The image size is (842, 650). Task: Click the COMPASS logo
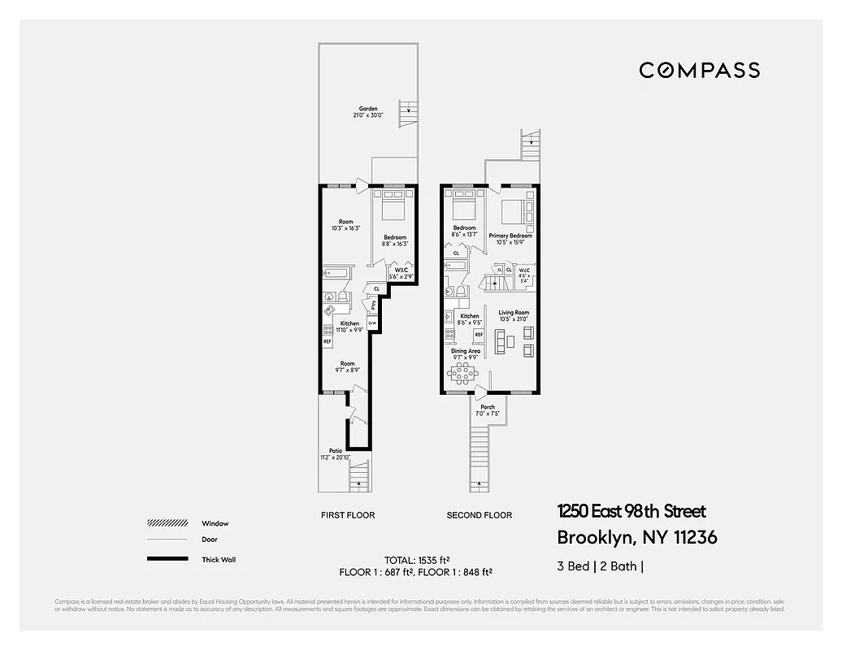pyautogui.click(x=699, y=70)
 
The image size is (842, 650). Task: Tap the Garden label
pyautogui.click(x=368, y=112)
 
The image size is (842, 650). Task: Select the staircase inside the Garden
pyautogui.click(x=407, y=115)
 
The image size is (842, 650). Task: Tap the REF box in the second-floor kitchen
pyautogui.click(x=479, y=334)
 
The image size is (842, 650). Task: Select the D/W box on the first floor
pyautogui.click(x=373, y=323)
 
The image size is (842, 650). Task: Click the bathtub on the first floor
pyautogui.click(x=335, y=273)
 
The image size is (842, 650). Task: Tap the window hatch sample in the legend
pyautogui.click(x=167, y=523)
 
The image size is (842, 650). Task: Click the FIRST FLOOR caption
pyautogui.click(x=349, y=515)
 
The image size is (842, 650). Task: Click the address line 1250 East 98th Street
pyautogui.click(x=631, y=511)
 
